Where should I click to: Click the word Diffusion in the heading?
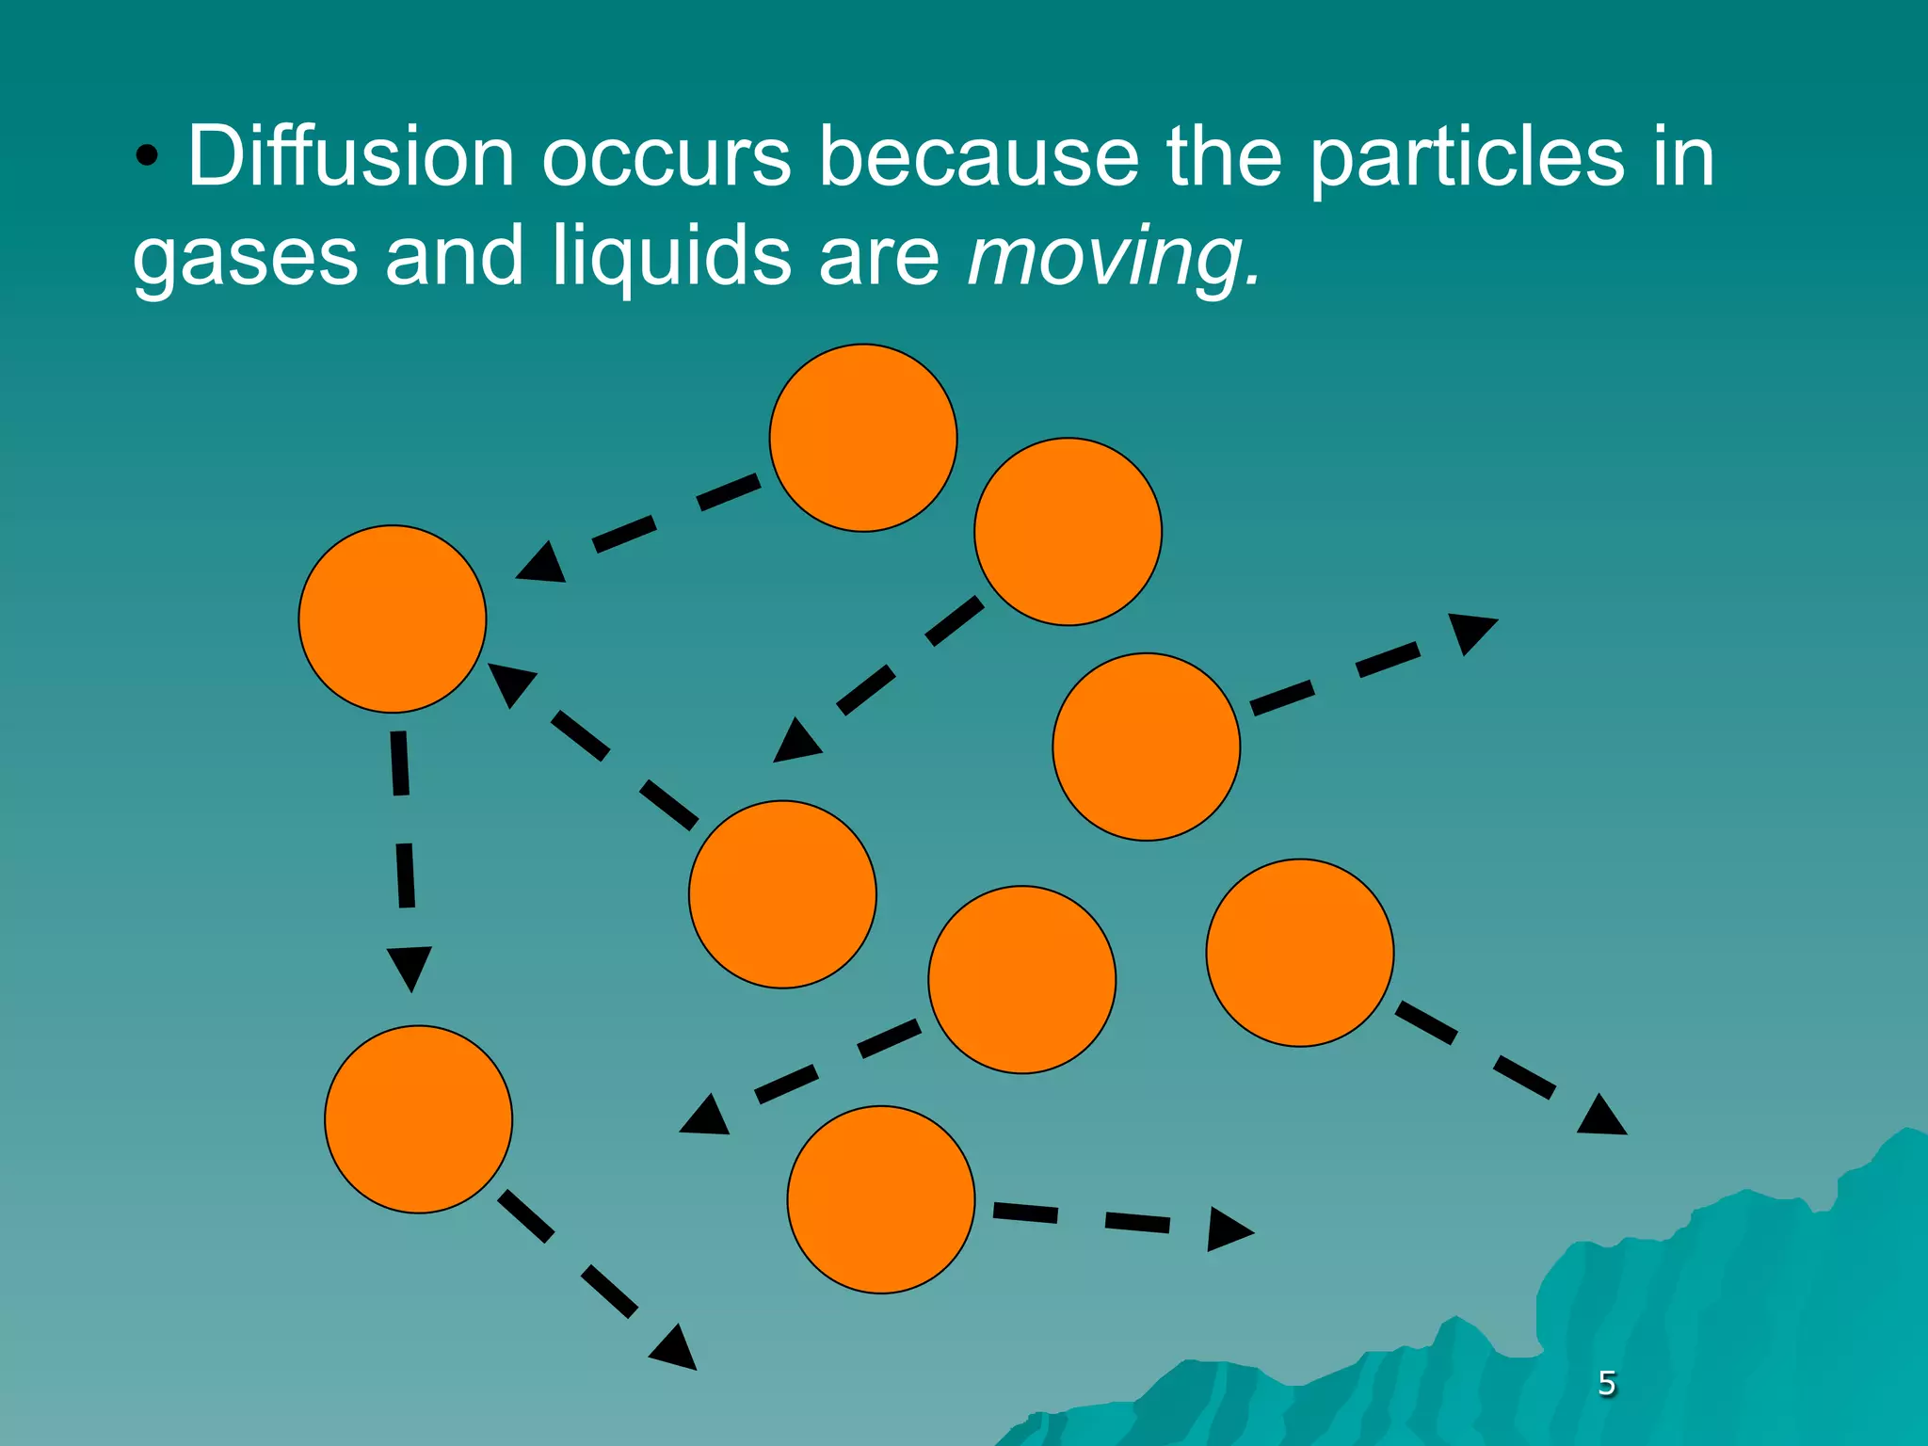pyautogui.click(x=350, y=156)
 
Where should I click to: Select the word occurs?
pyautogui.click(x=666, y=156)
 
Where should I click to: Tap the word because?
pyautogui.click(x=979, y=156)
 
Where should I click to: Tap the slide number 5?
pyautogui.click(x=1607, y=1382)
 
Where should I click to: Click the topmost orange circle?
pyautogui.click(x=863, y=438)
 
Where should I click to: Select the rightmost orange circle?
pyautogui.click(x=1299, y=953)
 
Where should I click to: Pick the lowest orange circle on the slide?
pyautogui.click(x=880, y=1199)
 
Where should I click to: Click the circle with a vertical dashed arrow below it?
pyautogui.click(x=392, y=619)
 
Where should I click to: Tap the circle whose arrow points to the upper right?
pyautogui.click(x=1146, y=747)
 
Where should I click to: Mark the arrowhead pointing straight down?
pyautogui.click(x=410, y=966)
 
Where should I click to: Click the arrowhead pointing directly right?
pyautogui.click(x=1228, y=1229)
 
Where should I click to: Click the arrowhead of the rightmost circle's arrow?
pyautogui.click(x=1602, y=1117)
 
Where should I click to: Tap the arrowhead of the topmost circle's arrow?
pyautogui.click(x=543, y=564)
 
